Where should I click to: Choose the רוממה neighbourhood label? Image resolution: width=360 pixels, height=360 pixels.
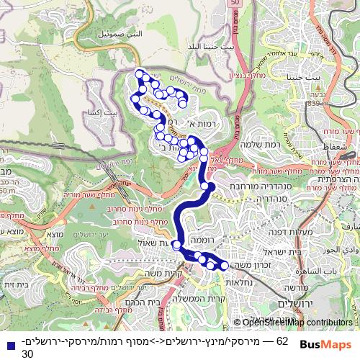tap(200, 238)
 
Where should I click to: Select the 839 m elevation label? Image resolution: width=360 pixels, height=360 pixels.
tap(315, 103)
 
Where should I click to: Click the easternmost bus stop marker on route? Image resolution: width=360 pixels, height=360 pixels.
tap(224, 266)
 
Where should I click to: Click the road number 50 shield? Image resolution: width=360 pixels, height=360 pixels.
tap(235, 4)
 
